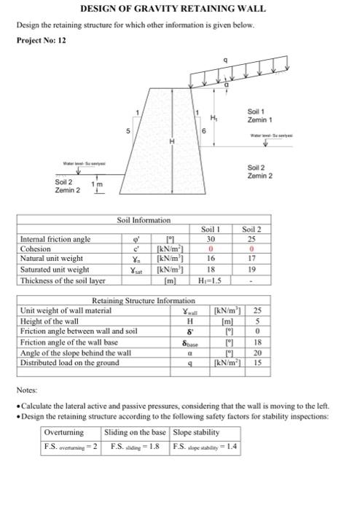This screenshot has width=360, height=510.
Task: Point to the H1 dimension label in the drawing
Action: tap(214, 119)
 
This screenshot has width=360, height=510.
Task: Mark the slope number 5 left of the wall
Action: tap(130, 132)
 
